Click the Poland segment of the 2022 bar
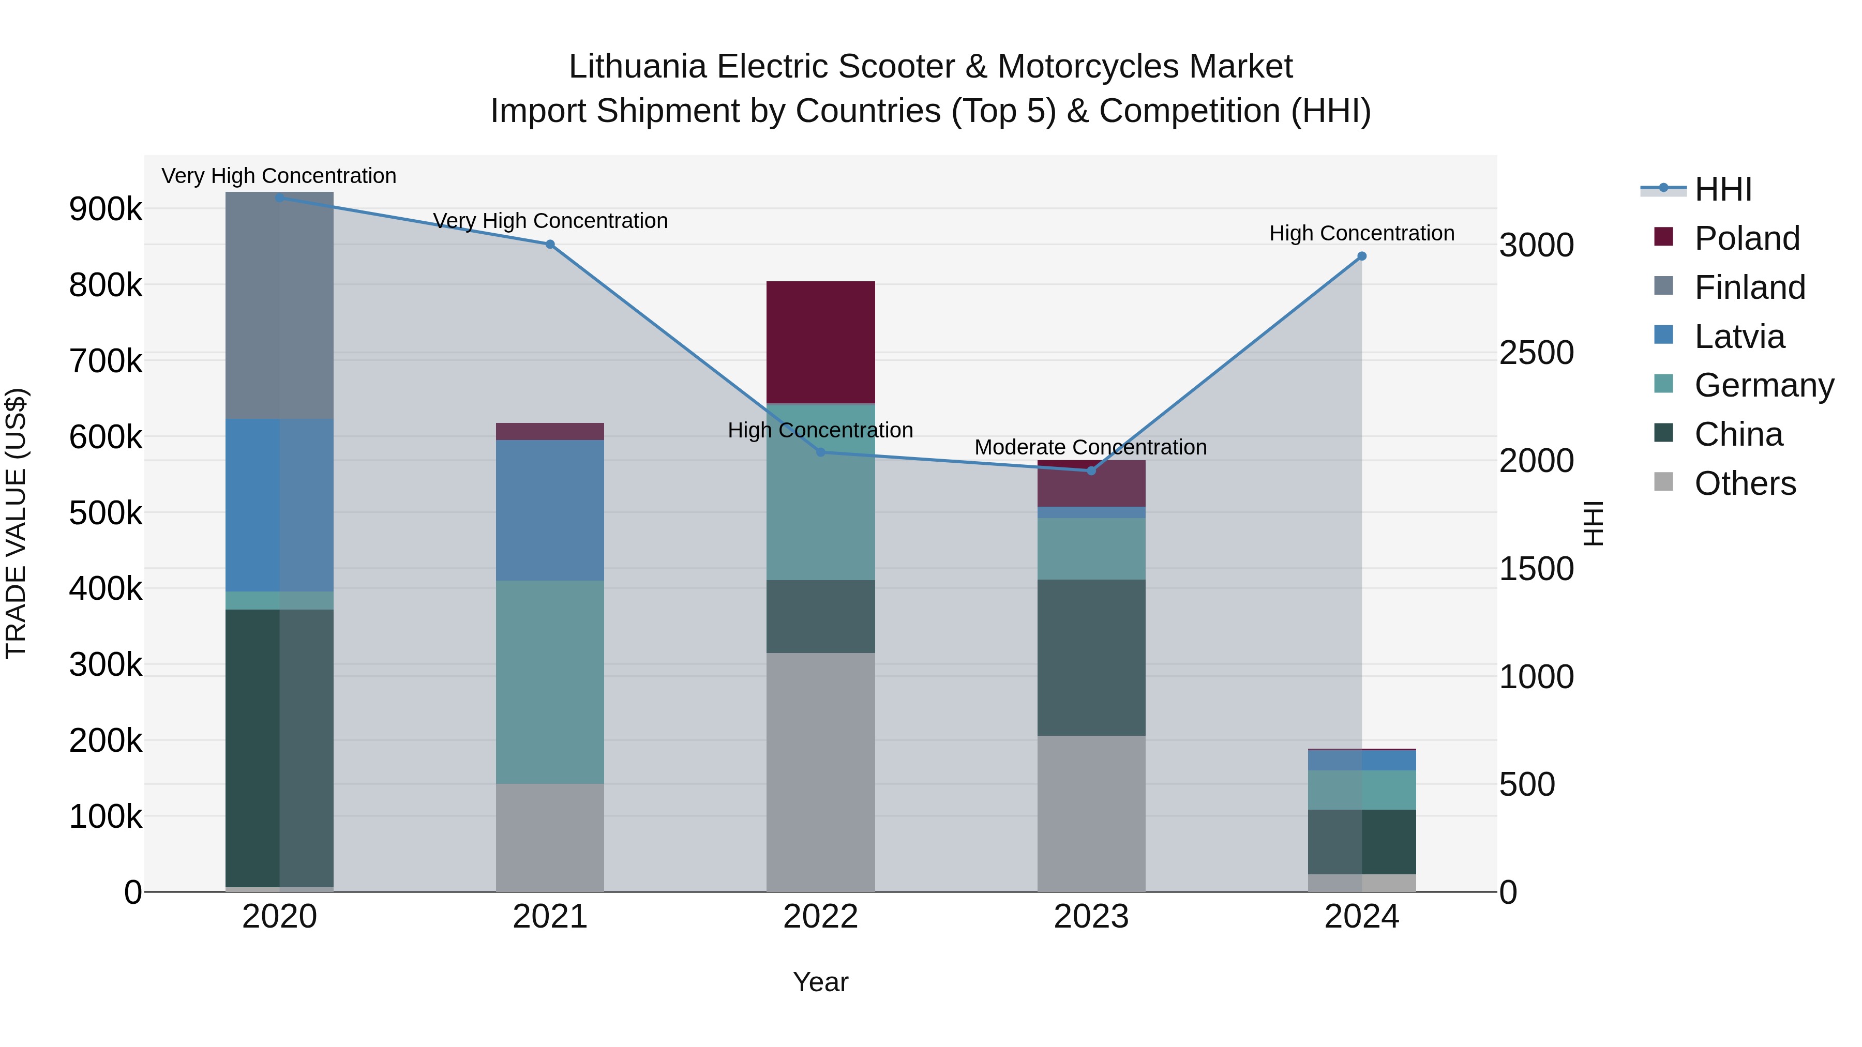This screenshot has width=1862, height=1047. [820, 342]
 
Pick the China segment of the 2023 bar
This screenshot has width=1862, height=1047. [1091, 658]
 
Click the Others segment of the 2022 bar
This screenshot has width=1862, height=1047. [820, 772]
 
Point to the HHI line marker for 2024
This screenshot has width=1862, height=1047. [1362, 256]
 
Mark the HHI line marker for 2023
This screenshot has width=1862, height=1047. [1091, 471]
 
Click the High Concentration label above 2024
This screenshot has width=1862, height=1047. [1362, 233]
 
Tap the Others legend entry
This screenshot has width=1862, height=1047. [1745, 483]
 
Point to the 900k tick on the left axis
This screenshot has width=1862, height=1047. [106, 209]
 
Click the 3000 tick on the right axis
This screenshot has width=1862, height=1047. [1536, 245]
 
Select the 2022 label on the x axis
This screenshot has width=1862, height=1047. [820, 917]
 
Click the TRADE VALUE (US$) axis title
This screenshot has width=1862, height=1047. [16, 523]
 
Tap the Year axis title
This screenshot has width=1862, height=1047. [820, 982]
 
